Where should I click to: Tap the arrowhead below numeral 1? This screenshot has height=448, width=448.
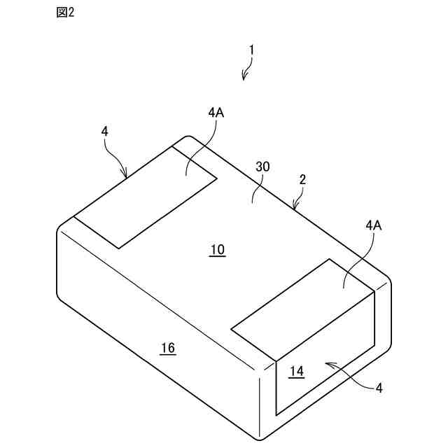pos(243,77)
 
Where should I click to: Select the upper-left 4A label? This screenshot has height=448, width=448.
pos(216,112)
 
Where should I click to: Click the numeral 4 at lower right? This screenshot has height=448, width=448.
pos(379,388)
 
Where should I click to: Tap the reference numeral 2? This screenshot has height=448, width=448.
pos(302,179)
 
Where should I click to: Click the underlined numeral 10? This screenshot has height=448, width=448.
pos(217,250)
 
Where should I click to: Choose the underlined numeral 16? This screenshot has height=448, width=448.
pos(167,348)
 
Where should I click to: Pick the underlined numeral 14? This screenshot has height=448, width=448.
pos(297,372)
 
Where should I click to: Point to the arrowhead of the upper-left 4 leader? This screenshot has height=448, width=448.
pos(126,176)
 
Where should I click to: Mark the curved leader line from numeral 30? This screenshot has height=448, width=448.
pos(256,188)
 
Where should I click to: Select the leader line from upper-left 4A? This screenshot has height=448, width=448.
pos(203,143)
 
